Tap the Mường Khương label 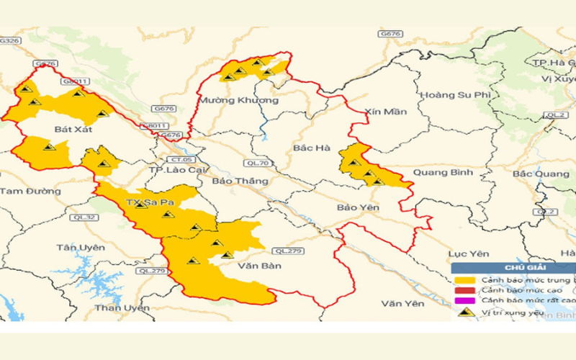click(x=239, y=100)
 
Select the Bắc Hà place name click(x=312, y=148)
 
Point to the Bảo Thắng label click(x=235, y=181)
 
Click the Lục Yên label click(x=469, y=253)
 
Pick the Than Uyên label click(x=122, y=308)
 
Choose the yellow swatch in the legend click(x=465, y=280)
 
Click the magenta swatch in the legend click(x=465, y=300)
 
